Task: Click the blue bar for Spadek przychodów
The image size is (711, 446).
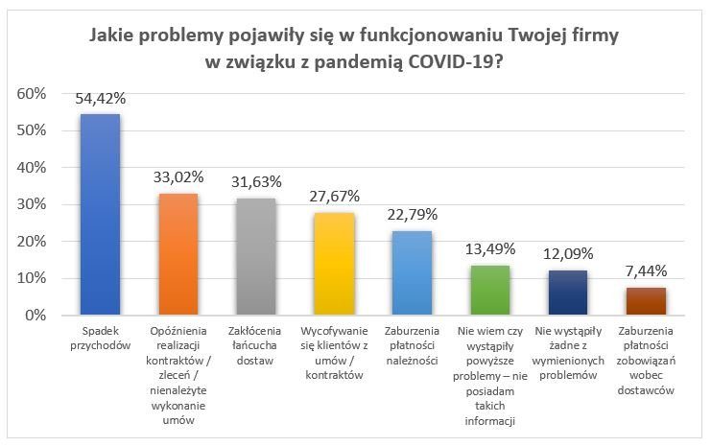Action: point(100,215)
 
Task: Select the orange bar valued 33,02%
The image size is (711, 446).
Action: point(178,254)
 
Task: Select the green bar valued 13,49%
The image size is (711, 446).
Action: point(489,291)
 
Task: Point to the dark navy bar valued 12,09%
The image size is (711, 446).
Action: point(567,293)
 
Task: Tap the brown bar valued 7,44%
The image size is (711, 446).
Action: point(646,301)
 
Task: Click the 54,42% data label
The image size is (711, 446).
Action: point(100,98)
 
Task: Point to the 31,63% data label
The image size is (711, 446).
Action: point(255,181)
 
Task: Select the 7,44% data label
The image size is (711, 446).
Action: point(646,271)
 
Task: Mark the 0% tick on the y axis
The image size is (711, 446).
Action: point(36,316)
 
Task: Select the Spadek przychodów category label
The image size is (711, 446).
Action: point(100,339)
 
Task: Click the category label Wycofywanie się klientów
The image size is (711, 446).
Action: point(334,353)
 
